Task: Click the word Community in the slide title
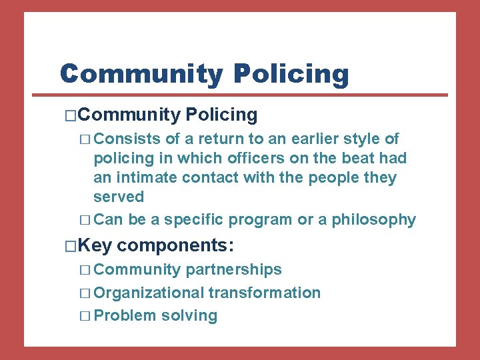click(x=141, y=73)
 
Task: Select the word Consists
click(x=127, y=139)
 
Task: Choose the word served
click(x=119, y=197)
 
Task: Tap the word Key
click(x=97, y=245)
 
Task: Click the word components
click(x=175, y=245)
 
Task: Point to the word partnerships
click(x=233, y=269)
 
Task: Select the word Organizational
click(x=149, y=293)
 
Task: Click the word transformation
click(x=265, y=293)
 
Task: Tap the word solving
click(x=189, y=315)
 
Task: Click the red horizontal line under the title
click(x=253, y=95)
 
